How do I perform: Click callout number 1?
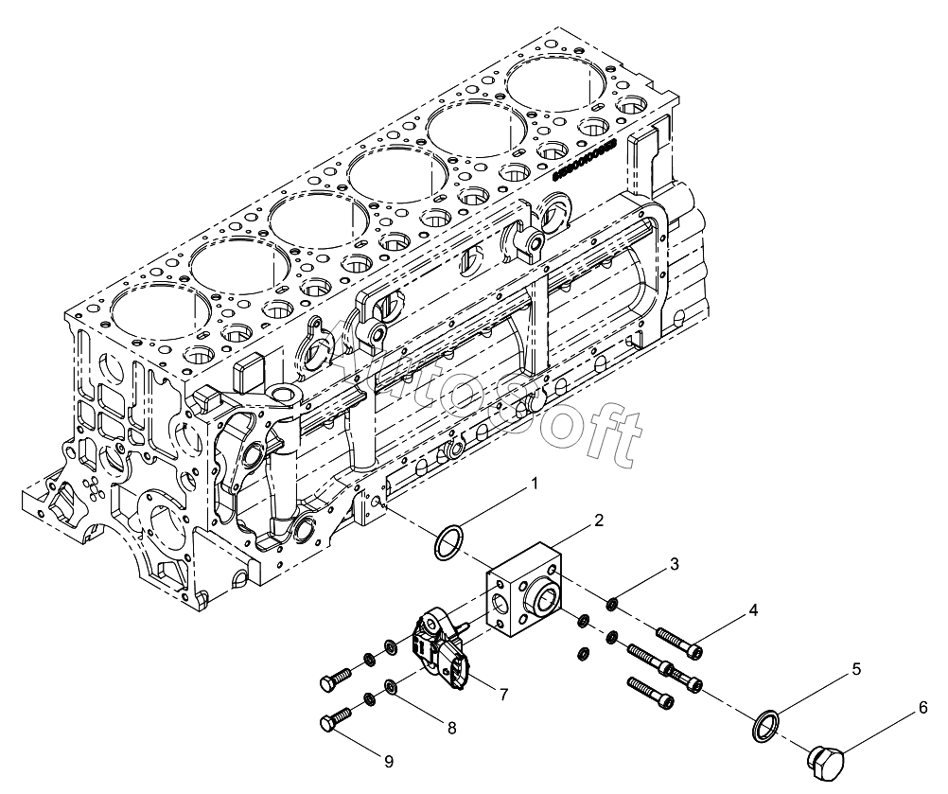click(x=535, y=484)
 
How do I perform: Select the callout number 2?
click(x=599, y=520)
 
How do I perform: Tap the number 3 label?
click(x=674, y=564)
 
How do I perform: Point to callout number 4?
click(x=753, y=610)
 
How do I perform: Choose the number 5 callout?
click(x=856, y=669)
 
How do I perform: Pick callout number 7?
click(x=504, y=695)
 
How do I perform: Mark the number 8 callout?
click(x=451, y=728)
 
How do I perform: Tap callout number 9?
click(x=388, y=761)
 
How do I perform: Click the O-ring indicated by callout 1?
click(x=448, y=542)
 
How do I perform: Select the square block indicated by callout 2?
click(x=524, y=591)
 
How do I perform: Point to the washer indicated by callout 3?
click(x=614, y=602)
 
